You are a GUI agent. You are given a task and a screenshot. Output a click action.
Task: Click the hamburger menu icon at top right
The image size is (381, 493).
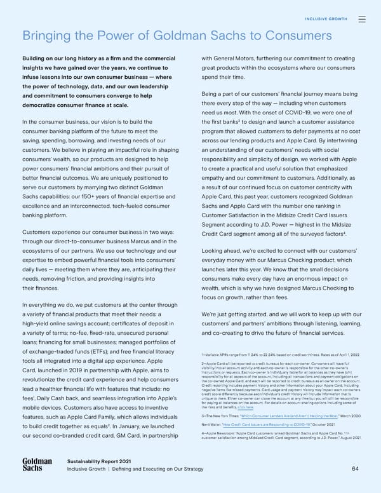click(361, 19)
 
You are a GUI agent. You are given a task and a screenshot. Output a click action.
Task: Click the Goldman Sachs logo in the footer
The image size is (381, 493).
click(37, 464)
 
